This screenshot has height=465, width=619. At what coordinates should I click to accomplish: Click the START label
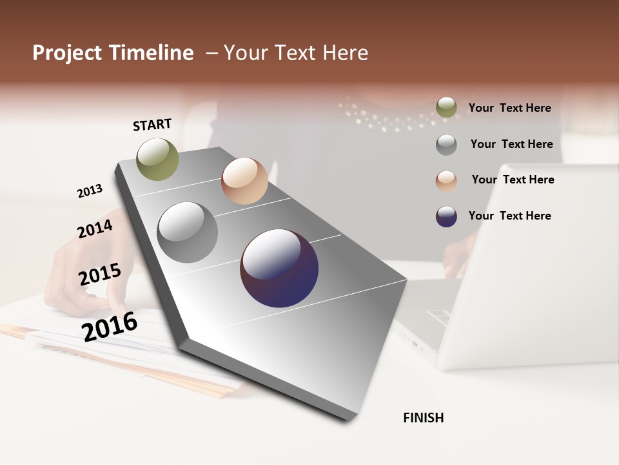pos(152,125)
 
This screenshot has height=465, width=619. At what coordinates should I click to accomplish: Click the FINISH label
pos(423,418)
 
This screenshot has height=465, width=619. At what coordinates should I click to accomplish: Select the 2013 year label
pos(90,191)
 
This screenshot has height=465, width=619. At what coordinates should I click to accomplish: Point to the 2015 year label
pos(100,274)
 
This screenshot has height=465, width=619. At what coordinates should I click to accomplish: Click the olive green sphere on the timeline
pos(157,159)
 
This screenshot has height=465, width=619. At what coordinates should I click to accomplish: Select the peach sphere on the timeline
pos(244,181)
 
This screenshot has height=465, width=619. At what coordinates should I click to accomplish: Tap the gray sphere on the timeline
pos(188,232)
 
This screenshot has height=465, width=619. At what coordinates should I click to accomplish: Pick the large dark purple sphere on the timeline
pos(279,269)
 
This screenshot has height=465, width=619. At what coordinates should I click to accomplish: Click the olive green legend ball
pos(446,108)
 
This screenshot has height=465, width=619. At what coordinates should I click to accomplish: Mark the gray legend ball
pos(446,145)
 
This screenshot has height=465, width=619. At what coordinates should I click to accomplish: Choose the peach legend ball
pos(446,180)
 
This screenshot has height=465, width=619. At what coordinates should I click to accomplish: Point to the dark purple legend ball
pos(446,216)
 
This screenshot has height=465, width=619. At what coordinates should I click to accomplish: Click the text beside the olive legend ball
pos(509,108)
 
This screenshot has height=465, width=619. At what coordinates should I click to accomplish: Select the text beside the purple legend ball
pos(509,216)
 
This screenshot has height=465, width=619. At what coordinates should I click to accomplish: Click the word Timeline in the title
pos(152,53)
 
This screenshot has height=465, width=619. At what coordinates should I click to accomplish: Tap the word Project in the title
pos(67,53)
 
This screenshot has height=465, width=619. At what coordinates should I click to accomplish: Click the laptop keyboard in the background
pos(438,316)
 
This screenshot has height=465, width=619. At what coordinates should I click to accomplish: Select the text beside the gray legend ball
pos(511,144)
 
